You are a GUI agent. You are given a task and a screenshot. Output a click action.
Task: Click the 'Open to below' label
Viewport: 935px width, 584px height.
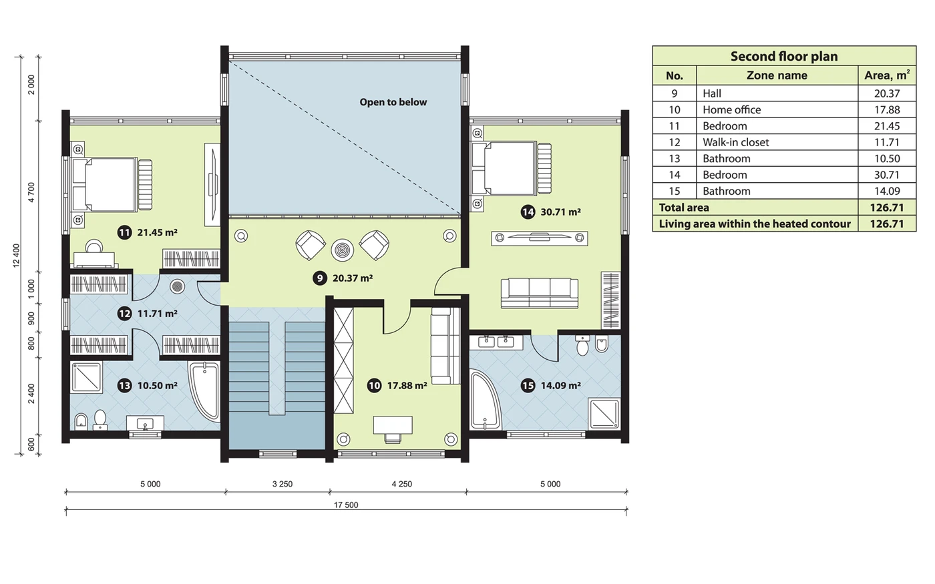tap(393, 102)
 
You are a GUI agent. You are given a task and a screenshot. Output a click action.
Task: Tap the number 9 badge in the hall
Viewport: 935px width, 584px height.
tap(320, 278)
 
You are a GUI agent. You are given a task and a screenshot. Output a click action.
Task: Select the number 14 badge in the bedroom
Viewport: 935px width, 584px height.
tap(528, 212)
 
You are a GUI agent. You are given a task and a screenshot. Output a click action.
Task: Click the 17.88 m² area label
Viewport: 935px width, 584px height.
tap(407, 386)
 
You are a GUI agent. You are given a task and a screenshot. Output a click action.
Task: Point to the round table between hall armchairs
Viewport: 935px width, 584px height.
tap(342, 250)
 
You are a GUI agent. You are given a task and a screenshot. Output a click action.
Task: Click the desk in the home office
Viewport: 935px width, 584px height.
tap(393, 425)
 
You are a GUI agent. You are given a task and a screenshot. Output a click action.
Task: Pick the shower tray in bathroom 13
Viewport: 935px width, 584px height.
tap(87, 378)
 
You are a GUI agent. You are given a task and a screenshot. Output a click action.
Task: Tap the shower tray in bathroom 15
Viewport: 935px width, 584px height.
tap(604, 413)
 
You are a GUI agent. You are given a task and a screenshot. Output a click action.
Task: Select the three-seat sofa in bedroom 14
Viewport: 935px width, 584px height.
tap(540, 293)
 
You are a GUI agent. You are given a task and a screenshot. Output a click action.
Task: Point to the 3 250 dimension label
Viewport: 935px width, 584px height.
tap(283, 485)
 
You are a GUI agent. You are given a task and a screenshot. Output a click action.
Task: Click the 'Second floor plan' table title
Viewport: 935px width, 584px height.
tap(784, 56)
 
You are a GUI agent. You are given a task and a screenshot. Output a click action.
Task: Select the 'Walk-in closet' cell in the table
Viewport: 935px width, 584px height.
tap(736, 142)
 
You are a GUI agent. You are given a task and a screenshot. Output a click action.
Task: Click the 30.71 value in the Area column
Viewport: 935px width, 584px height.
tap(887, 175)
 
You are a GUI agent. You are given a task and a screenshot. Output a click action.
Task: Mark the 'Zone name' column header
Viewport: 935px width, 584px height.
tap(777, 75)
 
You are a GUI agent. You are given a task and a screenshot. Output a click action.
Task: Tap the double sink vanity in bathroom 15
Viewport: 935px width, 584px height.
tap(496, 342)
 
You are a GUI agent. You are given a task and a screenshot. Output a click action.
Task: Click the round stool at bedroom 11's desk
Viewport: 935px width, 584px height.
tap(94, 246)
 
